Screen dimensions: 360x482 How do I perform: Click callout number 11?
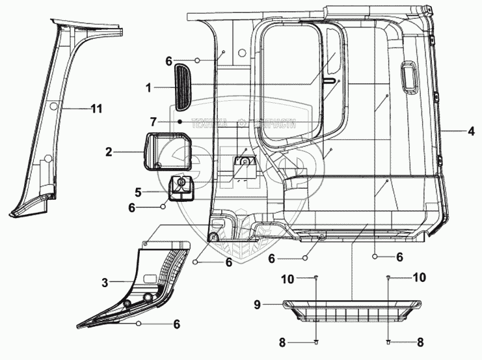tap(96, 109)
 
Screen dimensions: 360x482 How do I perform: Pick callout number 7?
tap(153, 122)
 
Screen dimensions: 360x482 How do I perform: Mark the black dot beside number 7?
tap(179, 122)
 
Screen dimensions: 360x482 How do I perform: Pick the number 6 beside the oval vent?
tap(168, 61)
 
